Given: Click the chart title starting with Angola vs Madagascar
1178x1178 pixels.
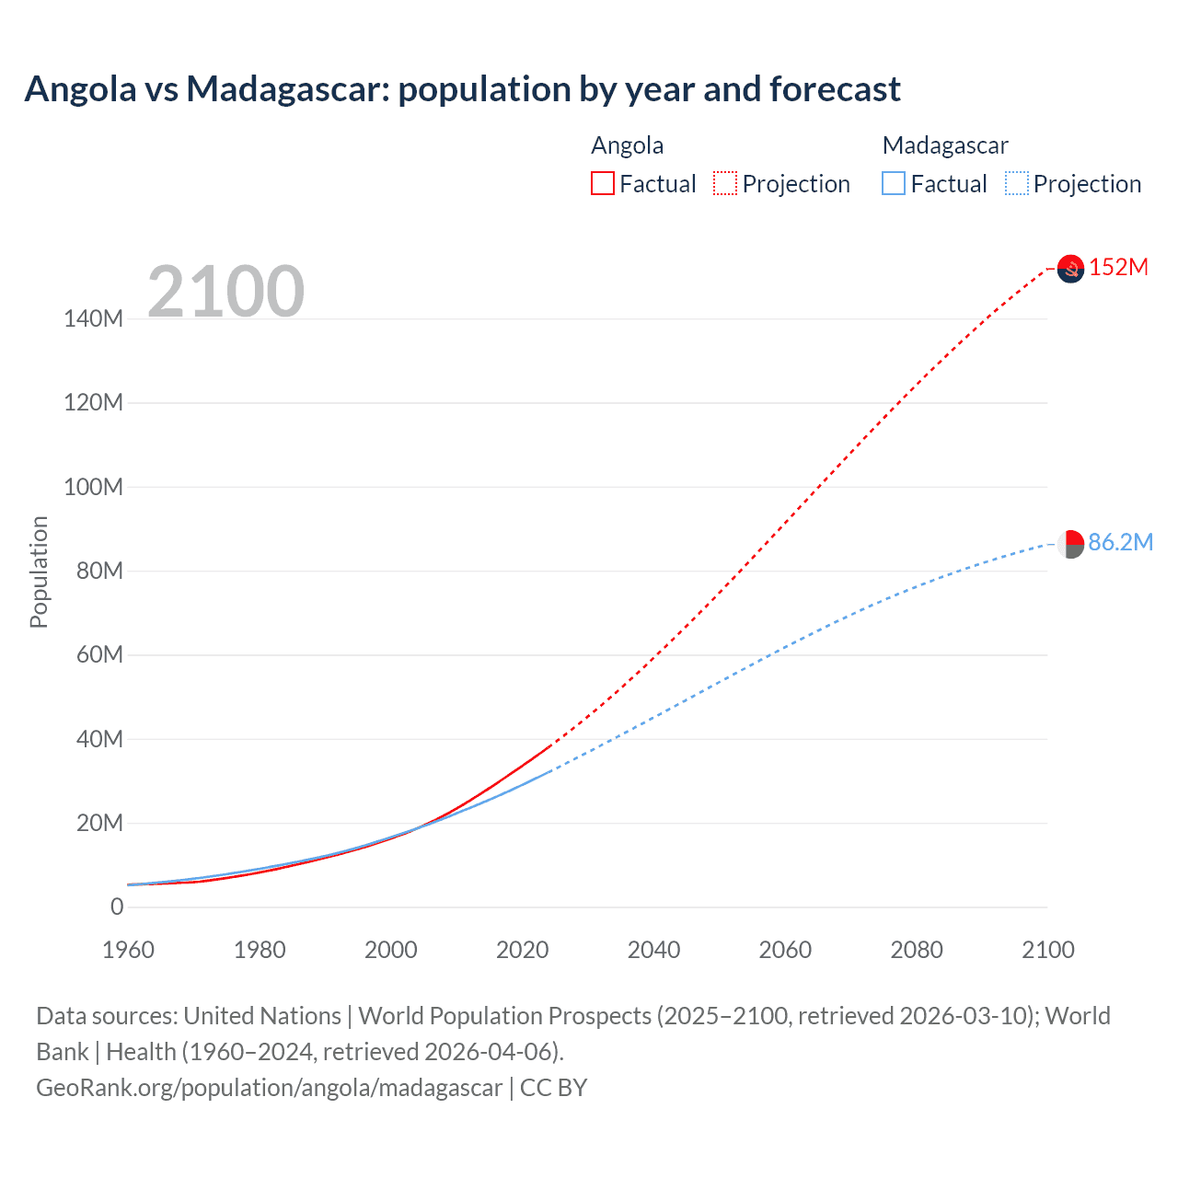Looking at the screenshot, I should [x=462, y=89].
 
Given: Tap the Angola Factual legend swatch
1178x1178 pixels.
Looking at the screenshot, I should [x=602, y=183].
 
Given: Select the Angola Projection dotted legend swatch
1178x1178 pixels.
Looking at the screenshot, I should [x=725, y=183].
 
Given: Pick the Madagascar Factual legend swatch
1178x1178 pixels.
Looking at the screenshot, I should [x=894, y=183].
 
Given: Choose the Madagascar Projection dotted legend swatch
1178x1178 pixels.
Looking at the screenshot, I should [x=1017, y=183].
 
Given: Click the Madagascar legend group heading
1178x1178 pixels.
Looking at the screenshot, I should [x=944, y=145].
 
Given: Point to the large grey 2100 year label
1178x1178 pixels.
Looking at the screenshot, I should [x=225, y=291].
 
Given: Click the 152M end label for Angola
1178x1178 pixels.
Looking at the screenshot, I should [x=1118, y=267].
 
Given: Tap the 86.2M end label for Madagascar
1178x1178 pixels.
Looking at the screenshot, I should [x=1120, y=542].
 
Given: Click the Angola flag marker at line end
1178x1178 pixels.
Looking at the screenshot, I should [x=1070, y=269].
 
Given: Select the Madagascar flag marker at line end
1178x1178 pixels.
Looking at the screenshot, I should [x=1070, y=544].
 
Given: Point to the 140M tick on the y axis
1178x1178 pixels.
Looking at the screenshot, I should [x=93, y=319].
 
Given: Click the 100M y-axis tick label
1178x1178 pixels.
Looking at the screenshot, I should [x=93, y=487].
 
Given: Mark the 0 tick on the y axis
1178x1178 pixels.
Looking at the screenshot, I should [x=117, y=907].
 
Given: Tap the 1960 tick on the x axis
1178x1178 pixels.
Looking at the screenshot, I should [x=128, y=950].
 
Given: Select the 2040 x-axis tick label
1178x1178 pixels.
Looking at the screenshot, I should [x=653, y=950].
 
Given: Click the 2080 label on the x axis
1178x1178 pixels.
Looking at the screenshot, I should [x=917, y=950].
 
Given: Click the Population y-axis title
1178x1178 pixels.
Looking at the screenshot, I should [x=39, y=572].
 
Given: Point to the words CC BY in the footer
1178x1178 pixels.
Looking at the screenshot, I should [x=553, y=1088].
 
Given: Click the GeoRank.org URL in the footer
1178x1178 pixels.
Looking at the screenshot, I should [x=269, y=1088].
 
